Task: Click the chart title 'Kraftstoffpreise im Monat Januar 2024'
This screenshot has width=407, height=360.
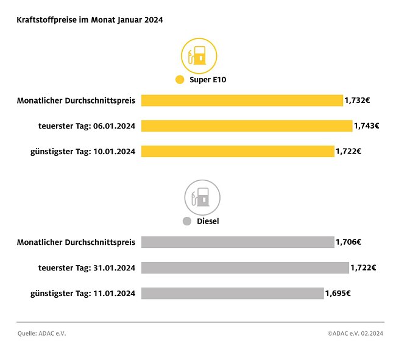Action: pos(90,19)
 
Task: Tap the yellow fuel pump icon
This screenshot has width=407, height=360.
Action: pos(199,56)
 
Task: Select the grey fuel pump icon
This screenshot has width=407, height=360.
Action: pos(202,197)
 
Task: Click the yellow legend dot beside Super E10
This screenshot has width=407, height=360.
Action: pos(179,80)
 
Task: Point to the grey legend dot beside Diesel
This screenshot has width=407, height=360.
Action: pos(187,221)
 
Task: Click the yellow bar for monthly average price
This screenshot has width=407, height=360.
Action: pos(242,101)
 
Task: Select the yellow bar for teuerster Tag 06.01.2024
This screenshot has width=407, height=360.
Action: pos(247,126)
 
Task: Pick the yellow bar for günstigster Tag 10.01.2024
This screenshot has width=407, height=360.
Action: pos(238,151)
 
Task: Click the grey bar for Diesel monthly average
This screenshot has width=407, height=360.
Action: pos(238,242)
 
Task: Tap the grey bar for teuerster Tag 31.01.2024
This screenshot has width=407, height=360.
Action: pos(245,267)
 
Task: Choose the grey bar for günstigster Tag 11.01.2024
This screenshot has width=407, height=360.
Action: pos(232,293)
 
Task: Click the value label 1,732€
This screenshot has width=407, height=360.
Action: pos(357,101)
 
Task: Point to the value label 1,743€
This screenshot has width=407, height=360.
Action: pos(366,126)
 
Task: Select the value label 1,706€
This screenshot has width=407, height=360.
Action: pos(349,242)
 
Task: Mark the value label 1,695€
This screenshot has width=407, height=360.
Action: pos(338,293)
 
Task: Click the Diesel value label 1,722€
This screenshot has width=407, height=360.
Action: pos(363,267)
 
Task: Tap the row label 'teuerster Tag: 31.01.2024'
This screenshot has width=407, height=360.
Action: pos(87,267)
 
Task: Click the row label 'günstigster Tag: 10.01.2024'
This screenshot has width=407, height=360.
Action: pos(83,151)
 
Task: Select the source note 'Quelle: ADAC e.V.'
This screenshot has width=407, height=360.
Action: pos(41,333)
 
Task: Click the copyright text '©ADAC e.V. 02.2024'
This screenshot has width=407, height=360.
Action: pos(355,333)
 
